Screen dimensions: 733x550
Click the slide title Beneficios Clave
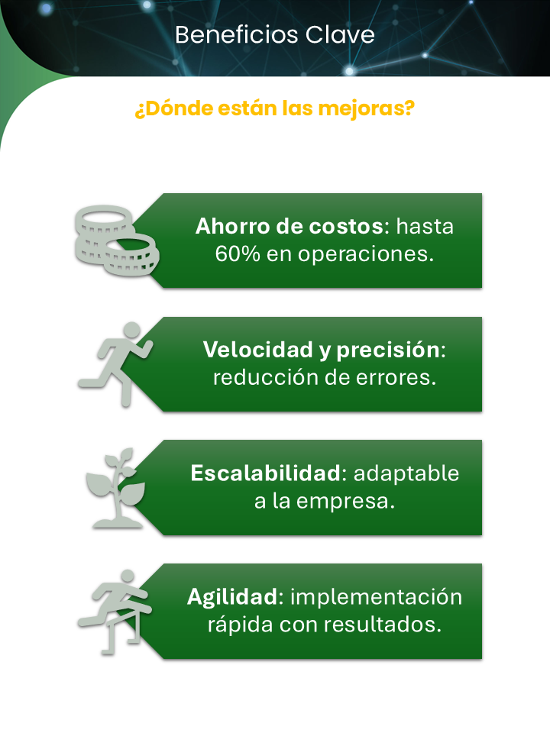pyautogui.click(x=274, y=35)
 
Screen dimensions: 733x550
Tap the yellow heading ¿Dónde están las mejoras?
pyautogui.click(x=274, y=108)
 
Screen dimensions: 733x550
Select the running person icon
pyautogui.click(x=116, y=363)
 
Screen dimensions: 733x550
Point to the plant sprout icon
pyautogui.click(x=115, y=487)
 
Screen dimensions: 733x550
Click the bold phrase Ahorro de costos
pyautogui.click(x=293, y=227)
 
